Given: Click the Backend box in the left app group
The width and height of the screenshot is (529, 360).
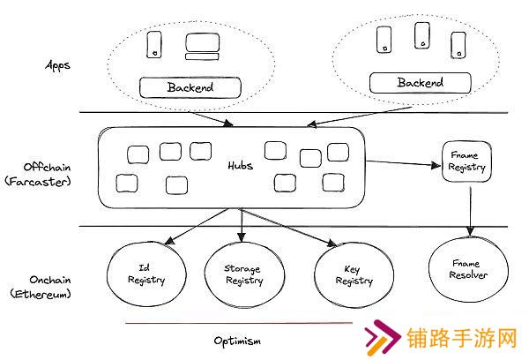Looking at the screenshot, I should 190,87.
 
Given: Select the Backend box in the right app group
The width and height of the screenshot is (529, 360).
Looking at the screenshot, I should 420,83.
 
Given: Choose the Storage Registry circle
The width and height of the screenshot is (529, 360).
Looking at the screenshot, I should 243,275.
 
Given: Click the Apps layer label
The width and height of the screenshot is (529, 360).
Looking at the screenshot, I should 58,65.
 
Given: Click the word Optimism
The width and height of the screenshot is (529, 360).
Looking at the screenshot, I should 237,340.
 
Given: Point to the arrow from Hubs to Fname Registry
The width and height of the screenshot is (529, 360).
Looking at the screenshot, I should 402,163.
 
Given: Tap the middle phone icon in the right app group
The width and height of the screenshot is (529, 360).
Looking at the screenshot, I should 421,35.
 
